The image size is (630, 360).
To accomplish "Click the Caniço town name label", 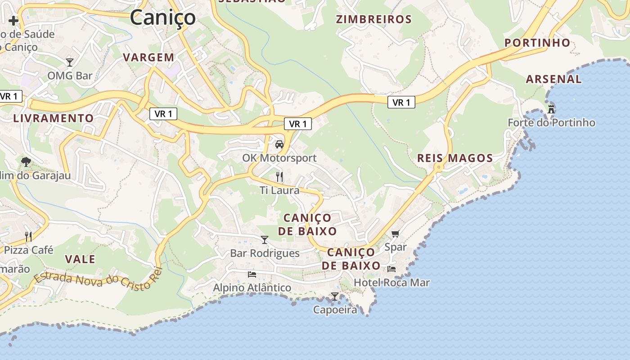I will (x=163, y=18).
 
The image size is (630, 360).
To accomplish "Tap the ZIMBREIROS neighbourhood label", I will (x=374, y=19).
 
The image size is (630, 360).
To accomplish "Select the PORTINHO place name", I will (x=537, y=43).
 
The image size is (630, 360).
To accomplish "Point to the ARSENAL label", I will (x=554, y=79).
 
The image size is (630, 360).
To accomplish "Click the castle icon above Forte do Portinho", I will (x=551, y=109).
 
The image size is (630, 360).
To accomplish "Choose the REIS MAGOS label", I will (x=455, y=158).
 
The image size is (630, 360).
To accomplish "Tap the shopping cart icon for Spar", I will (x=395, y=234).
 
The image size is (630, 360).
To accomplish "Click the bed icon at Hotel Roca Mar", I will (x=391, y=269).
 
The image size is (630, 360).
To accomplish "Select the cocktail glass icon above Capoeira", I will (x=335, y=296).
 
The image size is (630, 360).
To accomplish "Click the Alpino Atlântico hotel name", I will (x=252, y=288).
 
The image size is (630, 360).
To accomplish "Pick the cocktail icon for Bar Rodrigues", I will (x=265, y=239).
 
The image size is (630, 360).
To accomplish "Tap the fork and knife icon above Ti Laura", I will (x=279, y=176).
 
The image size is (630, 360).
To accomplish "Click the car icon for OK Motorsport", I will (x=279, y=144).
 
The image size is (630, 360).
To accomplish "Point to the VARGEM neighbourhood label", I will (x=148, y=57).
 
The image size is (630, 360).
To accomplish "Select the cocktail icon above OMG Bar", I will (x=70, y=62).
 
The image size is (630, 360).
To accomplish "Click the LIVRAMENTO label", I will (x=54, y=118).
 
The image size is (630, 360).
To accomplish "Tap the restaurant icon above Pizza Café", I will (x=28, y=236).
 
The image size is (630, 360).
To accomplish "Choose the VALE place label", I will (x=80, y=259).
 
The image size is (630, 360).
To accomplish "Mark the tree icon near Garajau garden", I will (x=26, y=162).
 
